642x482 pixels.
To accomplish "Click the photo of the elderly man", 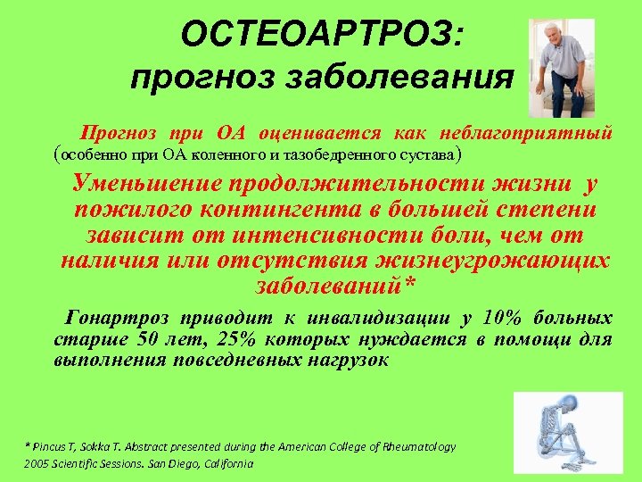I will tap(561, 68).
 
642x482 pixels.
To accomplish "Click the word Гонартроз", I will tap(115, 319).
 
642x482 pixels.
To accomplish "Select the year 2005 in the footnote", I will tap(38, 464).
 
